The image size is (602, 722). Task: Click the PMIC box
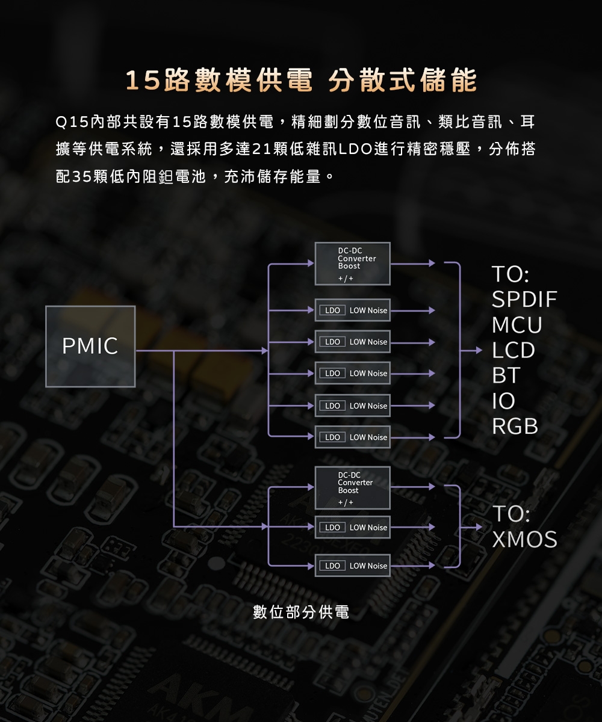coord(90,346)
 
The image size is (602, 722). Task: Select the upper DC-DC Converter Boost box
coord(353,264)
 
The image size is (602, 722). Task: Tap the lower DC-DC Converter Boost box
coord(353,487)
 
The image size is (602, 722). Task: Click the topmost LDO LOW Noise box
coord(353,310)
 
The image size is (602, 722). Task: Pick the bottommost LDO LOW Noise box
coord(353,566)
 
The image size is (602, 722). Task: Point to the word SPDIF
coord(524,300)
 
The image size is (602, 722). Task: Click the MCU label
coord(517,325)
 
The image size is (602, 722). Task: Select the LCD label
coord(514,350)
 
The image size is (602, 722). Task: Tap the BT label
coord(506,375)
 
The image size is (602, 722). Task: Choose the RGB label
coord(515,426)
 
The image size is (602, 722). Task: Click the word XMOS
coord(524,540)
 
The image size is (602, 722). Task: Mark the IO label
coord(503,401)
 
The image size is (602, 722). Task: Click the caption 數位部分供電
coord(301,612)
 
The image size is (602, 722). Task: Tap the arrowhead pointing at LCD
coord(479,350)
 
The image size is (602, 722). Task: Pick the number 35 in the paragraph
coord(81,178)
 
